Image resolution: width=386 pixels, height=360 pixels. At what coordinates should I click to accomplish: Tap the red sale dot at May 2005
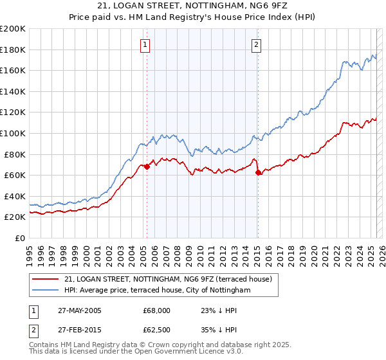(x=147, y=166)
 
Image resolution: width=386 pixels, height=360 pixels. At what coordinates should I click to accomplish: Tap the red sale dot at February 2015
(x=257, y=172)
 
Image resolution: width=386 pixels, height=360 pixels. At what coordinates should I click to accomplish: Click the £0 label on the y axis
(x=19, y=238)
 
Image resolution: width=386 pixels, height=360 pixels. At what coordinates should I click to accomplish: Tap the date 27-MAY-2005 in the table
(x=75, y=310)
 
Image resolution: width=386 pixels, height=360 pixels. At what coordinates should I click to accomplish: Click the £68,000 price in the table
(x=157, y=310)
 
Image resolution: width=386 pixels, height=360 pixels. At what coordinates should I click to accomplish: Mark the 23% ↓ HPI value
(x=221, y=310)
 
